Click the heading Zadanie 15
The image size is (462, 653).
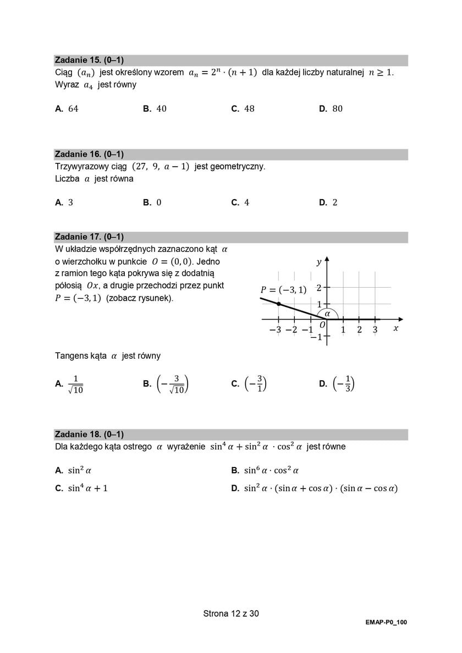(89, 61)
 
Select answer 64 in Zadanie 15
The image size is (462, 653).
(73, 109)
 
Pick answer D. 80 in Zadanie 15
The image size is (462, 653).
(337, 109)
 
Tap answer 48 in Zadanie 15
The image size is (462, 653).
(249, 109)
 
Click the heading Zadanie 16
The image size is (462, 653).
(89, 155)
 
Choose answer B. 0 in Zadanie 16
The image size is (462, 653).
(158, 202)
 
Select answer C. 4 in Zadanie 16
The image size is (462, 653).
(246, 202)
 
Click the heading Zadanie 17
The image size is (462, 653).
(89, 237)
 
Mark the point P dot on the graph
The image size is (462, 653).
(279, 304)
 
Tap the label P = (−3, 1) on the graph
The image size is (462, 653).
(283, 290)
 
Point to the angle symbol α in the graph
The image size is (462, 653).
(328, 313)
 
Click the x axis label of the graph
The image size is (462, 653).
(395, 328)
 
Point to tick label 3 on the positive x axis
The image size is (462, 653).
(375, 330)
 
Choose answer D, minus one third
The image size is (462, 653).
(345, 384)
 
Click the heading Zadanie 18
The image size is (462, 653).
(89, 435)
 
